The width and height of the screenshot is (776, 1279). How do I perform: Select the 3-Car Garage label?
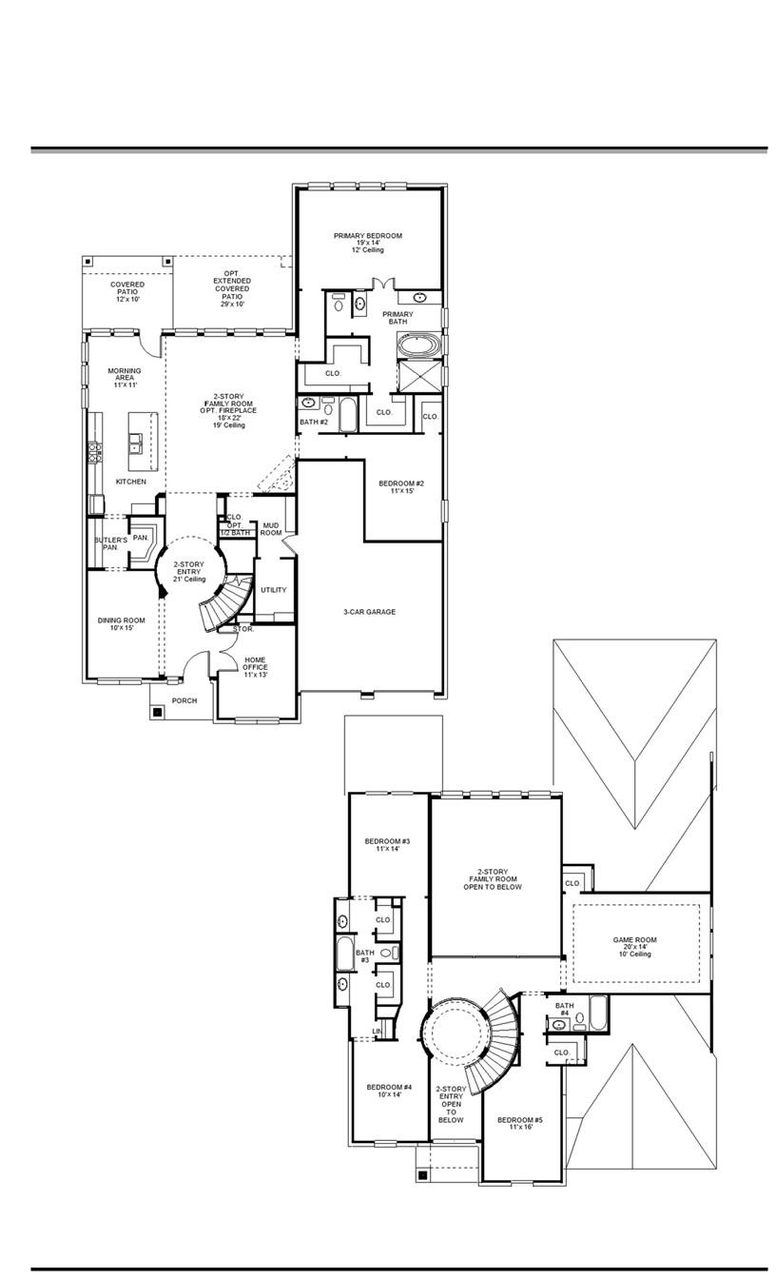click(x=369, y=612)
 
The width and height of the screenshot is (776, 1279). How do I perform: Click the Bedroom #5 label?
click(x=514, y=1123)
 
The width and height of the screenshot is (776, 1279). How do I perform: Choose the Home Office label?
click(x=255, y=667)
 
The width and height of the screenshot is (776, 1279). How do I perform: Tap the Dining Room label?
click(x=121, y=624)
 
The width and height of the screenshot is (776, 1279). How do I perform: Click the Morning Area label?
click(x=125, y=377)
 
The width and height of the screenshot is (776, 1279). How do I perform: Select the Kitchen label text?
click(x=131, y=482)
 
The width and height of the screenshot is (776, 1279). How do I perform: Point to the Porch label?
click(x=184, y=700)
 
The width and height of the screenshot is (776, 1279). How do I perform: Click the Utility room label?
click(x=273, y=590)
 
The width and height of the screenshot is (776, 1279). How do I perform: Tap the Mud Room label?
click(x=271, y=528)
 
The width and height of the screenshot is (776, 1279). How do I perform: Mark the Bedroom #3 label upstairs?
click(x=387, y=846)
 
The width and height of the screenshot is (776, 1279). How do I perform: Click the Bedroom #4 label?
click(x=389, y=1091)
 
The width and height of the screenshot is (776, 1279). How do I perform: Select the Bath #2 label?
click(x=314, y=422)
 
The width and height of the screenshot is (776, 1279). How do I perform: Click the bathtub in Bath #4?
click(x=597, y=1013)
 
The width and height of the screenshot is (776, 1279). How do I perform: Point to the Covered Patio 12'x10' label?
click(x=127, y=291)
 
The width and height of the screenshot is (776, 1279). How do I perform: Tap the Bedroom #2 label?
click(x=400, y=487)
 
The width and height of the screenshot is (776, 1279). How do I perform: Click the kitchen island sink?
click(x=137, y=442)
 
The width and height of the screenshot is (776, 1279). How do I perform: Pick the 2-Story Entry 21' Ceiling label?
click(x=189, y=571)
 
